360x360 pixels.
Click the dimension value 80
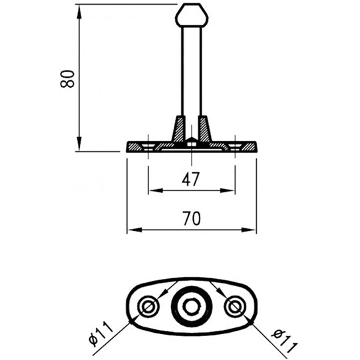point(67,78)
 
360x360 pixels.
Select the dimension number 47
point(191,178)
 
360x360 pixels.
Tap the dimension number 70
point(191,218)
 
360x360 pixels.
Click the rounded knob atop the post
point(191,15)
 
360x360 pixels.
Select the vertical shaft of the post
point(191,73)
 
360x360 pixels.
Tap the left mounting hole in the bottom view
point(148,306)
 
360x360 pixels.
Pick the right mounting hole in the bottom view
point(234,306)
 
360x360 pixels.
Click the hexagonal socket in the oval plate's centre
point(191,306)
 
